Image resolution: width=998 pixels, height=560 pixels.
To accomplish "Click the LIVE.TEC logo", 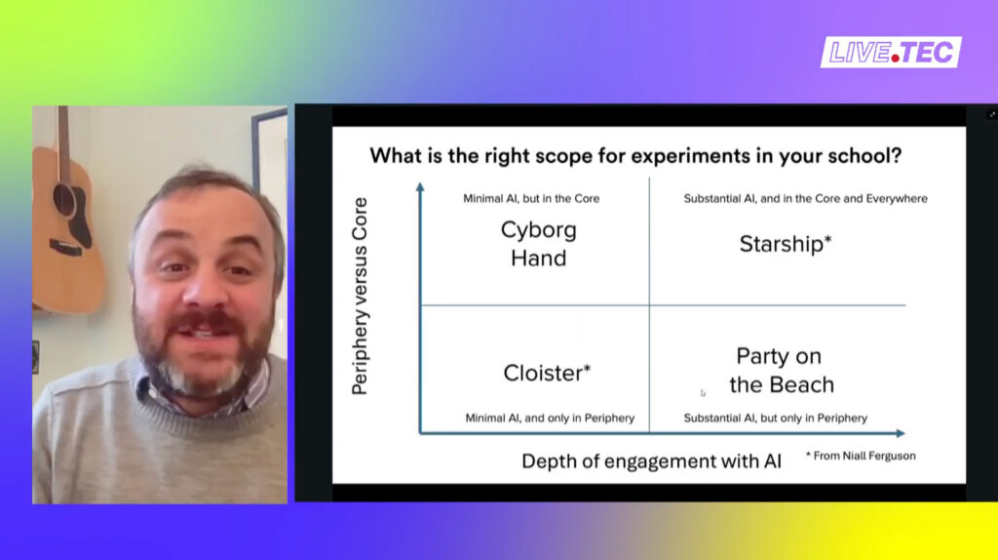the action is pos(891,53).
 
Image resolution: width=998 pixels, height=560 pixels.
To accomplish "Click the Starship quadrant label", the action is pos(786,244).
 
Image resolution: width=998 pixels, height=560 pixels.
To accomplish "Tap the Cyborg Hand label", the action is pos(538,244).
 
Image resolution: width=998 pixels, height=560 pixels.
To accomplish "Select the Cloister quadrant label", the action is pos(547,373).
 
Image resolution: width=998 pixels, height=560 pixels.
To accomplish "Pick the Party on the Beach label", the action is pos(781,370).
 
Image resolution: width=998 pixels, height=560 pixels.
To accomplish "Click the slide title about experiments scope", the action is pos(635,155).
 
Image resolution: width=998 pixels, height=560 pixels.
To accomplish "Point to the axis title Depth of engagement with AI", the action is pos(651,460).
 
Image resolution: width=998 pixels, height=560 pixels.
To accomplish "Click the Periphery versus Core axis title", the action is pos(360,297).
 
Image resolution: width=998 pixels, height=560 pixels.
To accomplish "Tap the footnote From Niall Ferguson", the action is pos(861,456).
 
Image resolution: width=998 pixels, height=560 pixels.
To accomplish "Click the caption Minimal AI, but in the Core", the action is pos(531,198).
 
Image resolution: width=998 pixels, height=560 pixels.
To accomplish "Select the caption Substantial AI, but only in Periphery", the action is pos(775,418).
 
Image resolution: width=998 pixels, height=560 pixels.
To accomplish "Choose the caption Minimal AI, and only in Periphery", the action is pos(550,418).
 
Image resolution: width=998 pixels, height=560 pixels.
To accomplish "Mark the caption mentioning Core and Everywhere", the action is pos(805,198).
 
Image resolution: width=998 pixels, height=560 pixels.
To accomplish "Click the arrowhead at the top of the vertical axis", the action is pos(420,186).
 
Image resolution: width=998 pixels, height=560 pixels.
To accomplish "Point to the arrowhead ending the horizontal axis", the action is pos(901,433).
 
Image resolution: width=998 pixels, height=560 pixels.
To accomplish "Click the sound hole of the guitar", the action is pos(64,199).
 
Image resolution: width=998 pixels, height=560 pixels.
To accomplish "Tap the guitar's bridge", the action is pos(66,249).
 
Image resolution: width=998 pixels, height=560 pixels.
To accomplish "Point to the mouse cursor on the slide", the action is pos(703,393).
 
